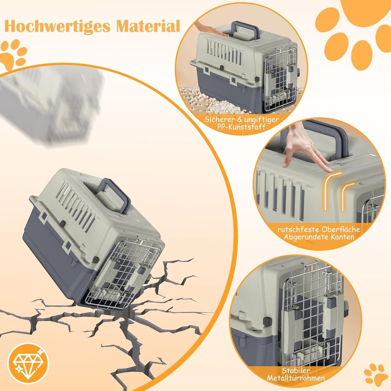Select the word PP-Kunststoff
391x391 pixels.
point(241,126)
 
